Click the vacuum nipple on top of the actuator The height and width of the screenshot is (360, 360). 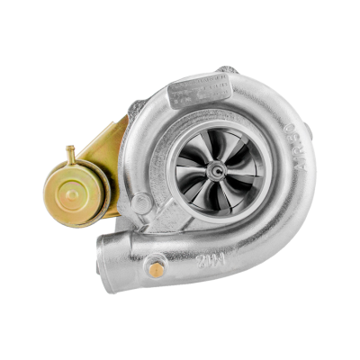click(x=67, y=148)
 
